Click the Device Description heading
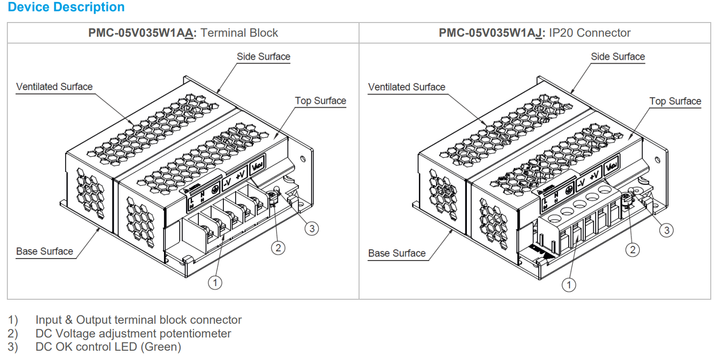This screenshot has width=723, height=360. (x=66, y=7)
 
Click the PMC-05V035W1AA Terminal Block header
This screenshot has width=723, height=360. (x=183, y=33)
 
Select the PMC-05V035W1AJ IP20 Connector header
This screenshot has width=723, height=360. (x=534, y=33)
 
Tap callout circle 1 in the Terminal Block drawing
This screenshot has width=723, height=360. (x=215, y=282)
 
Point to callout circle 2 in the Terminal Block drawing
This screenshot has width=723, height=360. (x=278, y=248)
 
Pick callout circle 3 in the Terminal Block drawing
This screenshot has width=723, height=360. (x=312, y=228)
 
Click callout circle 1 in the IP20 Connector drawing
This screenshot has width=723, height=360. (x=569, y=285)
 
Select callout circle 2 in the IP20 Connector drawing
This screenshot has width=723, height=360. (x=633, y=250)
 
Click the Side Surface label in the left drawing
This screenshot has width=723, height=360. (x=264, y=57)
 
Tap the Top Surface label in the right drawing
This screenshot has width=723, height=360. (x=675, y=101)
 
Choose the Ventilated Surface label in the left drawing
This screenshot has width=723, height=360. (x=54, y=87)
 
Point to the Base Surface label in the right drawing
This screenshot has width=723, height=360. (x=397, y=253)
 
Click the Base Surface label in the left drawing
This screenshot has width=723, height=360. (x=45, y=251)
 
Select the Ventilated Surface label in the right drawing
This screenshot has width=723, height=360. (x=407, y=87)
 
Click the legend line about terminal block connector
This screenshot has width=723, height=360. (x=139, y=320)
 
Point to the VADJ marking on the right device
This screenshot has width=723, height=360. (x=611, y=166)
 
